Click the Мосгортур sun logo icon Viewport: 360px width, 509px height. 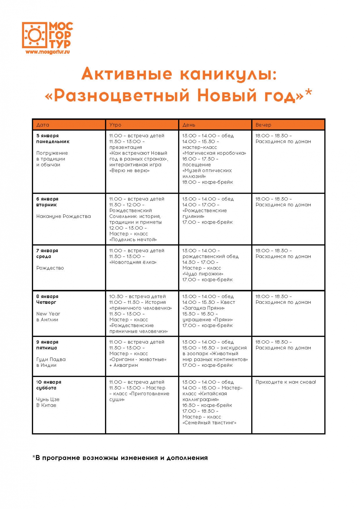(x=34, y=35)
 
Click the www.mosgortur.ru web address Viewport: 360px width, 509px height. (x=47, y=52)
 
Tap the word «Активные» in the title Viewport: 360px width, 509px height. (x=127, y=74)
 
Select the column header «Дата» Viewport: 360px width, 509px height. (x=43, y=125)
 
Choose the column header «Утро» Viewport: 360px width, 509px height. (x=115, y=125)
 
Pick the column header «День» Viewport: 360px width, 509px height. (x=189, y=125)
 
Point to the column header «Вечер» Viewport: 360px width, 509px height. (x=263, y=125)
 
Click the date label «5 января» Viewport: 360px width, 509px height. (x=47, y=136)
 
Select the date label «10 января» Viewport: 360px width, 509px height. (x=49, y=382)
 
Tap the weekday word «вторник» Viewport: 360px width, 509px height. (x=46, y=205)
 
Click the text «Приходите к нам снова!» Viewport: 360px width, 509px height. (x=286, y=382)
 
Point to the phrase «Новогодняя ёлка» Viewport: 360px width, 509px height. (x=133, y=262)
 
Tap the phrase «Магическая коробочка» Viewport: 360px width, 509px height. (x=215, y=153)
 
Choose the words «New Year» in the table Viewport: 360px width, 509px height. (x=48, y=314)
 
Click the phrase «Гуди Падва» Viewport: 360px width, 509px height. (x=51, y=359)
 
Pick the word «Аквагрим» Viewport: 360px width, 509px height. (x=126, y=365)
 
